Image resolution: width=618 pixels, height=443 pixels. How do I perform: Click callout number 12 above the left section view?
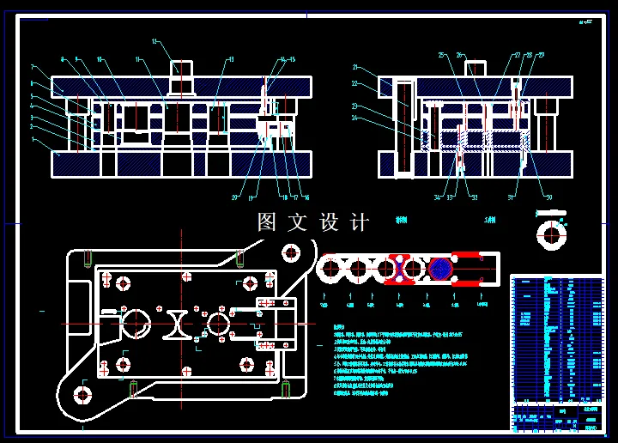tap(155, 41)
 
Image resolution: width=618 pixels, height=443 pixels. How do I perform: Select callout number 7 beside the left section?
tap(32, 66)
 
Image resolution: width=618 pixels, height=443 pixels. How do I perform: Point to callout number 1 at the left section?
tap(32, 138)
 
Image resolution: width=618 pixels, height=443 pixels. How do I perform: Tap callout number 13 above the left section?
tap(230, 59)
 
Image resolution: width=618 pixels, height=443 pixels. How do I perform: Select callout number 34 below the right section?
tap(437, 198)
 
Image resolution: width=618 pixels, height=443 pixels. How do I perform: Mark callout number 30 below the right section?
tap(549, 198)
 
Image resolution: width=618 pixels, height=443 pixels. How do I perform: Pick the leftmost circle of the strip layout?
tap(329, 269)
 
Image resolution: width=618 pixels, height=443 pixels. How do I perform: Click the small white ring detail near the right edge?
tap(551, 233)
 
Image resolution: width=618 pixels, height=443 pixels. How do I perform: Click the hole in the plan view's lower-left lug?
tap(82, 395)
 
